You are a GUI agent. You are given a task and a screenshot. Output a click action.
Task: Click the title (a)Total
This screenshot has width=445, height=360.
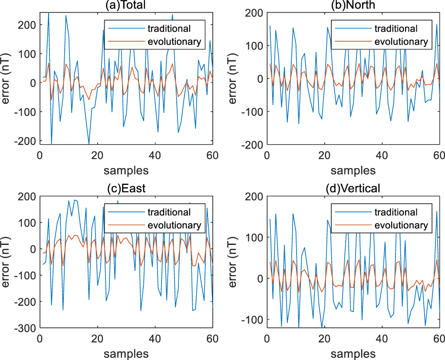tap(126, 5)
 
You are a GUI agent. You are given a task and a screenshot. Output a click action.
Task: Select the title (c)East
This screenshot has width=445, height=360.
tap(126, 188)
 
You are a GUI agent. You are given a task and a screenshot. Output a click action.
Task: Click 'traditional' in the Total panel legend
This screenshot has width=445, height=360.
tap(169, 29)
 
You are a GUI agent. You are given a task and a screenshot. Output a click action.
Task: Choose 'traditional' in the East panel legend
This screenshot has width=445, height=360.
tap(169, 212)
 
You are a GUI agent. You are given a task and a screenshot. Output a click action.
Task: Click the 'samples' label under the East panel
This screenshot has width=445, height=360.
tap(126, 353)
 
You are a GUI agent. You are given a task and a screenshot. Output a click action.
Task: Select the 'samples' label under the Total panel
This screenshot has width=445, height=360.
tap(126, 170)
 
